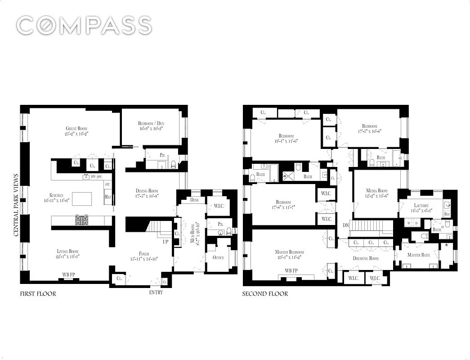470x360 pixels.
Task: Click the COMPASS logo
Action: tap(84, 26)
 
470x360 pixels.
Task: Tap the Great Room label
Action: tap(76, 128)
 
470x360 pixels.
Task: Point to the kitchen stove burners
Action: tap(83, 220)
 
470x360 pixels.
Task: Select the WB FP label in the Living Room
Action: tap(69, 274)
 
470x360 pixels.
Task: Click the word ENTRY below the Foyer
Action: tap(155, 292)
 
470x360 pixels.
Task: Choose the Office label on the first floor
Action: tap(218, 257)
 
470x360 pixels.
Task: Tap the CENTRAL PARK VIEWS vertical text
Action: tap(16, 205)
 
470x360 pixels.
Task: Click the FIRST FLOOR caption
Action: tap(38, 294)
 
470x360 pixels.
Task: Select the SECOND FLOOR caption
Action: tap(265, 294)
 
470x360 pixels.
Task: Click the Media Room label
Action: tap(376, 190)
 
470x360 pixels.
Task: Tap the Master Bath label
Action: tap(419, 255)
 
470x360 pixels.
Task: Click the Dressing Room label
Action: tap(365, 258)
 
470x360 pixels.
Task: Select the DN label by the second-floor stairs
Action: tap(345, 225)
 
